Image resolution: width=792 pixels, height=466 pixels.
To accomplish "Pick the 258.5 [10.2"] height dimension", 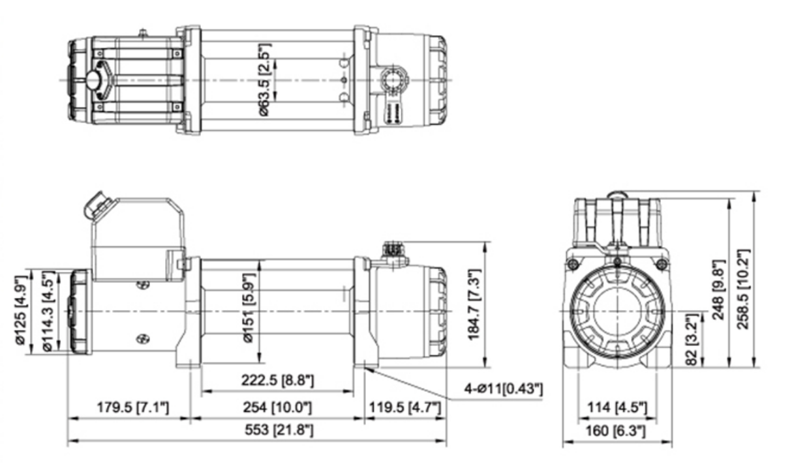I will coord(744,280).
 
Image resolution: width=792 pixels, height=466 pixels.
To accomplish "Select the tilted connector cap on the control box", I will coord(95,207).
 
